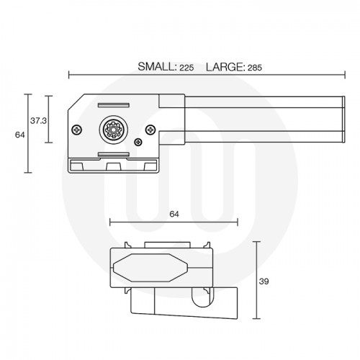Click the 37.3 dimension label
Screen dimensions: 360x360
tap(38, 121)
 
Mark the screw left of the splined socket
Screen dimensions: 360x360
tap(77, 130)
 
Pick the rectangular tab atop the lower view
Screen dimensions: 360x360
tap(167, 244)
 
